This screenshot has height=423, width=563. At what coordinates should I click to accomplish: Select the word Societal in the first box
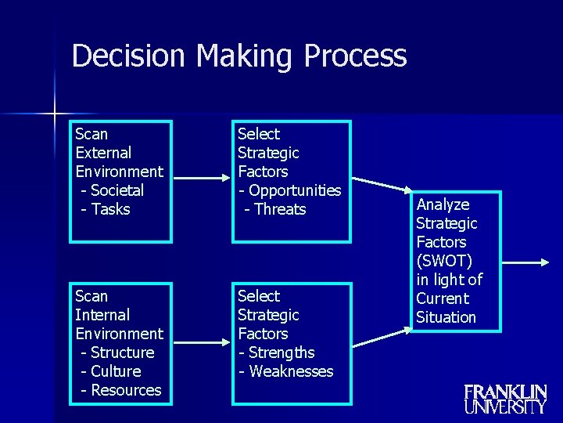117,190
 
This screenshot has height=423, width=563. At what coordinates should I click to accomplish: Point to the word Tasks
111,209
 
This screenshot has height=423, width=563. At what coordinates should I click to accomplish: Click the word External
103,153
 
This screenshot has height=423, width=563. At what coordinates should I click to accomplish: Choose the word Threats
280,209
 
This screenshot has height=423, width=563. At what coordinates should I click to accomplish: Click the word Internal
102,315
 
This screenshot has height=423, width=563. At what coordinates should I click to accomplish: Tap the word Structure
123,352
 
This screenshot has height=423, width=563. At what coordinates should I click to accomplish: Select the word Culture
116,371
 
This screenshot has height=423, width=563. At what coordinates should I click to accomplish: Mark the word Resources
126,390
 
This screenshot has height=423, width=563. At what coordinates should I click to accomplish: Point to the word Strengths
281,352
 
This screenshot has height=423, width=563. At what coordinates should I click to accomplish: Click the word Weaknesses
291,371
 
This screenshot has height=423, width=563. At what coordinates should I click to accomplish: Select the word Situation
446,317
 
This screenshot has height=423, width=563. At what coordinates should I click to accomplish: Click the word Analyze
443,204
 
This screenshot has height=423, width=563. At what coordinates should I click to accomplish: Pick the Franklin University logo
505,399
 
